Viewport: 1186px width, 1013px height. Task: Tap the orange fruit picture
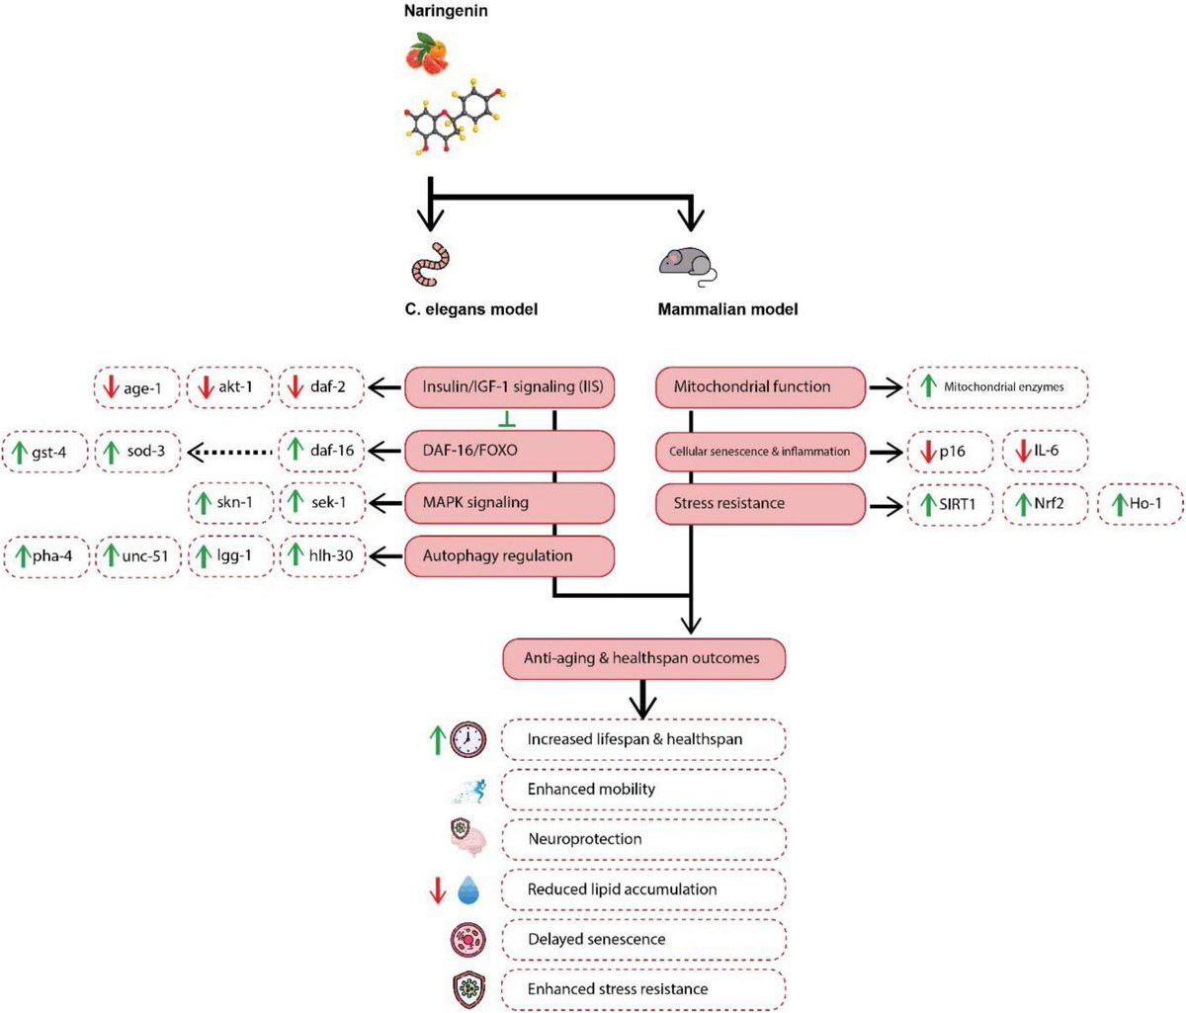point(431,54)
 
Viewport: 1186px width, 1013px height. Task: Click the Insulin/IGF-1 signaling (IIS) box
point(510,386)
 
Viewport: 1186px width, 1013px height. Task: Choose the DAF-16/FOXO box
point(510,451)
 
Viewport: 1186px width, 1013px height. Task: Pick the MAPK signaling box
point(510,503)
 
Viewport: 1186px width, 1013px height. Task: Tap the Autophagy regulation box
point(510,555)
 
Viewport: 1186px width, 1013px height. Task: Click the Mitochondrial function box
point(761,386)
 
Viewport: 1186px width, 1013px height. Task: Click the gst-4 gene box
point(46,452)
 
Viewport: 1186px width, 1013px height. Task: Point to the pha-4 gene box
point(46,556)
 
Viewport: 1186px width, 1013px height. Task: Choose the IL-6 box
point(1046,452)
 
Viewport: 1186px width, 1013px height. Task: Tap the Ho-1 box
point(1141,504)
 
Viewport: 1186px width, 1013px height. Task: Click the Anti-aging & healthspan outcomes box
point(643,658)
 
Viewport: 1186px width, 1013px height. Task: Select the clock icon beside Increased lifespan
point(467,739)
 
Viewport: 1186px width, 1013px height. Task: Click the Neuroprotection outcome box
point(643,839)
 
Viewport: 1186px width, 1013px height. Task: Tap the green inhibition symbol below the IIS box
point(507,421)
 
